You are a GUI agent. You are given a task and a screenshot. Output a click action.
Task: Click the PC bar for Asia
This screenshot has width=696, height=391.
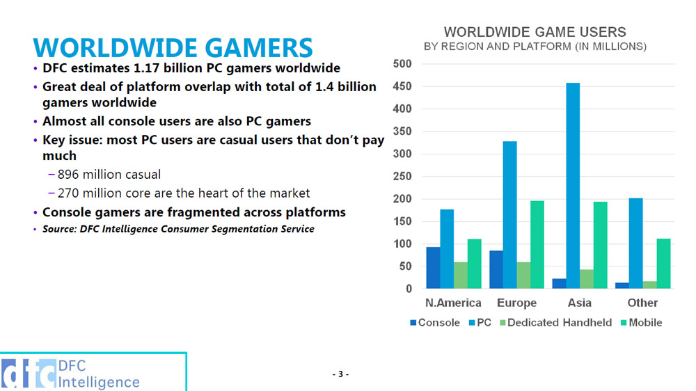(573, 186)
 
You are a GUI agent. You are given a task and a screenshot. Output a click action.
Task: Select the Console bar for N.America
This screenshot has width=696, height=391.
(433, 268)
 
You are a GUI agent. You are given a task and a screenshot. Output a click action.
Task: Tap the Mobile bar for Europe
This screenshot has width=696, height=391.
(537, 245)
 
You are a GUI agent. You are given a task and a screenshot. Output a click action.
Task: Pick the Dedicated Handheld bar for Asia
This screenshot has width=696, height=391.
(587, 279)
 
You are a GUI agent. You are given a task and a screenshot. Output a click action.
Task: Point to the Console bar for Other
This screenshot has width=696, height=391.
(622, 285)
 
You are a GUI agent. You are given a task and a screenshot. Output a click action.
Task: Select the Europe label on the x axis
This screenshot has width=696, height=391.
(516, 303)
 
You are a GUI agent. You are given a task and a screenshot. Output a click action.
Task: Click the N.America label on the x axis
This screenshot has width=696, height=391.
(453, 303)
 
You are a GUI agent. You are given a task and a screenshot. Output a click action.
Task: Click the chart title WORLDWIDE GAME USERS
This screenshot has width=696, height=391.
(535, 32)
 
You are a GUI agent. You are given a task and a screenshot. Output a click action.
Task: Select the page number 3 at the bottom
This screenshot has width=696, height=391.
(340, 374)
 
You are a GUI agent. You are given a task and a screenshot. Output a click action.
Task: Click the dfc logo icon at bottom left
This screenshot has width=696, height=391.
(28, 374)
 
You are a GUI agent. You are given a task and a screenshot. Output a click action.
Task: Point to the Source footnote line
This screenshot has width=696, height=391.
(178, 229)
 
